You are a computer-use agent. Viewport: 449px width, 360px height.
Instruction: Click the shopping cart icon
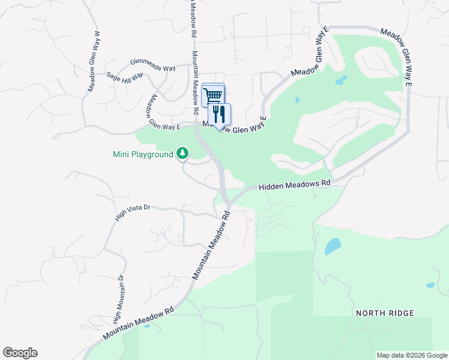tap(213, 95)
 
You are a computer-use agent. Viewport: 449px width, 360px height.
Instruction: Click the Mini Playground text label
tap(143, 154)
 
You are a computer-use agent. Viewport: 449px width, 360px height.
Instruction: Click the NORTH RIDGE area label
tap(385, 313)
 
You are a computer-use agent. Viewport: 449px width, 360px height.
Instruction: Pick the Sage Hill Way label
tap(125, 77)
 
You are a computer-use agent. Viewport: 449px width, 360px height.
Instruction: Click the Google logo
tap(20, 353)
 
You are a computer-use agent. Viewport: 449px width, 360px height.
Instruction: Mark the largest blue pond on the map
tap(333, 246)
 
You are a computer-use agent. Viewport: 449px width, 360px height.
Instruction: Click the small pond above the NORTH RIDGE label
tap(430, 285)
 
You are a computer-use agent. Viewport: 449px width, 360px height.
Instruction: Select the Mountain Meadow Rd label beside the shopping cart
tap(195, 83)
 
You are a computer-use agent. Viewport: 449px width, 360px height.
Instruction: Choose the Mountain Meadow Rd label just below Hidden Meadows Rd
tap(212, 244)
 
